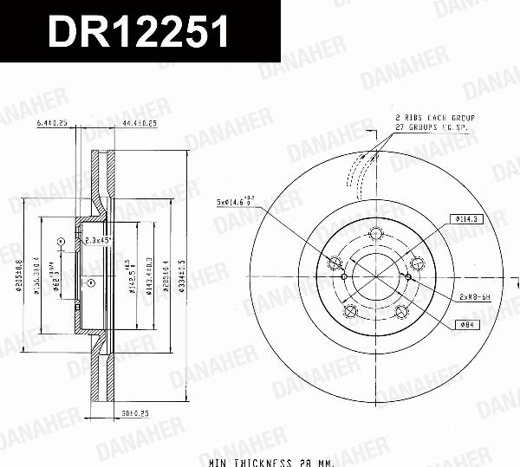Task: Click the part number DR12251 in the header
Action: (x=138, y=32)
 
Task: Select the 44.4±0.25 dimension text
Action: (x=140, y=124)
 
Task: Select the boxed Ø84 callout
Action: (x=465, y=325)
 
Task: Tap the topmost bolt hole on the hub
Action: (x=375, y=233)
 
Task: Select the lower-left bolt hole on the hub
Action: (x=350, y=311)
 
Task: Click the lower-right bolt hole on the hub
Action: (x=400, y=311)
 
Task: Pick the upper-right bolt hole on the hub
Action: (x=416, y=263)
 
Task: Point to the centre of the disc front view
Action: (x=375, y=276)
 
